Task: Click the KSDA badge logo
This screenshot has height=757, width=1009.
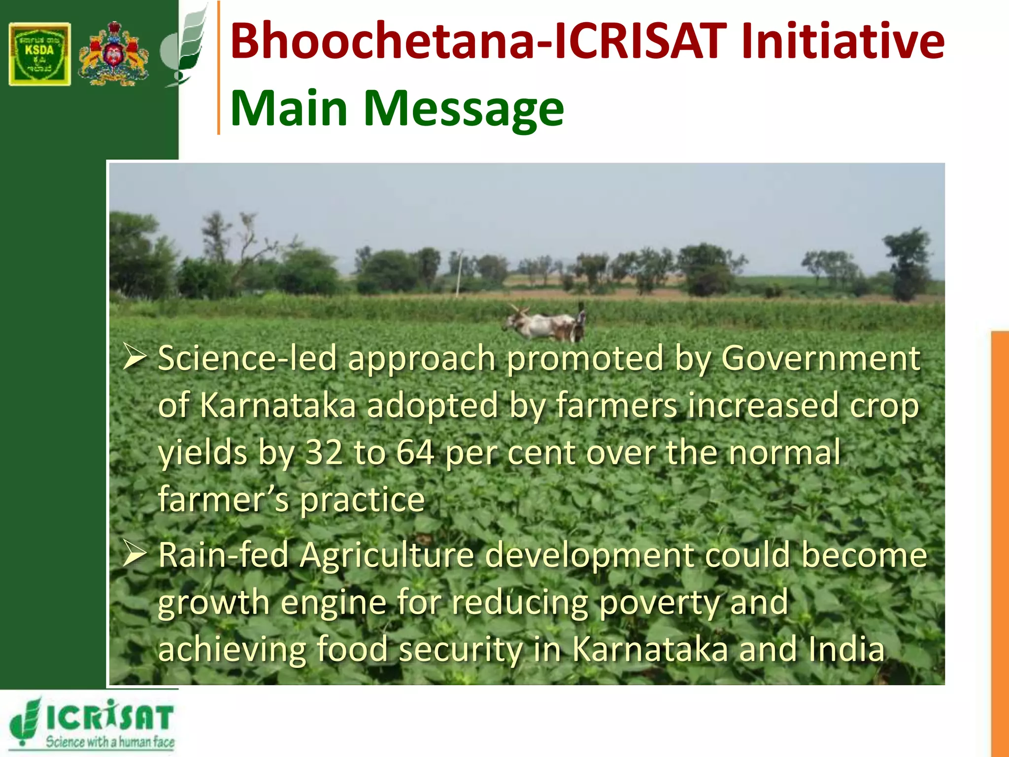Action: point(39,54)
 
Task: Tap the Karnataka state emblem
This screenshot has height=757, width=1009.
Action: point(114,54)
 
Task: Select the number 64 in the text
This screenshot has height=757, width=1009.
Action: point(415,452)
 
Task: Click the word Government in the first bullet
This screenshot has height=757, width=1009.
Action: point(820,359)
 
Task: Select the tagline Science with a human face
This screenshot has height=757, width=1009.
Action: point(110,742)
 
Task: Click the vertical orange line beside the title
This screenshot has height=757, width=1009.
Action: point(218,68)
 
